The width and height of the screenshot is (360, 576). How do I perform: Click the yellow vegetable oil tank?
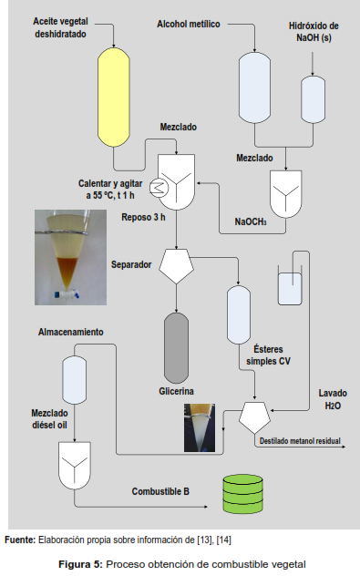114,98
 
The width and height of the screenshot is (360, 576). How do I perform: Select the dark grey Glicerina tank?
176,348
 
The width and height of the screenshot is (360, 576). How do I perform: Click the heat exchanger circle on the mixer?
159,188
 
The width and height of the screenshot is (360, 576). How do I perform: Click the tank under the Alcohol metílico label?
254,87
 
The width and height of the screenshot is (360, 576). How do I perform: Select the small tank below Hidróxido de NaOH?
313,99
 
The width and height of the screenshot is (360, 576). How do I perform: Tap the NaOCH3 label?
251,221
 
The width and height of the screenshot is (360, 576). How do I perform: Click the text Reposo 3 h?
143,217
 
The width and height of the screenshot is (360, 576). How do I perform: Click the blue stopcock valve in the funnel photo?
67,294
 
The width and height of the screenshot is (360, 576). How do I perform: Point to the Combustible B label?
160,491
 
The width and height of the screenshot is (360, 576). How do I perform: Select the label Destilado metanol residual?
300,441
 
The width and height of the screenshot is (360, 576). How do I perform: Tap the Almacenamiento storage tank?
75,380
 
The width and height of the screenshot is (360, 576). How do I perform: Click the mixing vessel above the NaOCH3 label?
286,194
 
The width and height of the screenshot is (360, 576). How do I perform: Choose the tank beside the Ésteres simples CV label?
239,314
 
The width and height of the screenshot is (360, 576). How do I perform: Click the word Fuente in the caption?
20,540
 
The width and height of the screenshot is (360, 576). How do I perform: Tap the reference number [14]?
223,540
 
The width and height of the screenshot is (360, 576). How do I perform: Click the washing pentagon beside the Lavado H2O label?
254,417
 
